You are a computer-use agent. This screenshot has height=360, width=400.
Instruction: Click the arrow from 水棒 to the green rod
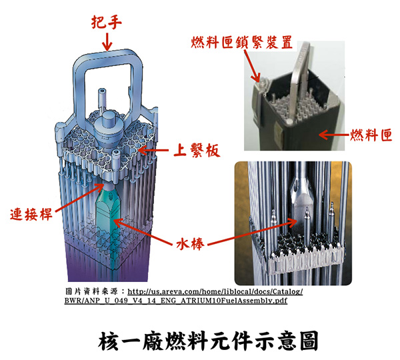(x=147, y=230)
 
